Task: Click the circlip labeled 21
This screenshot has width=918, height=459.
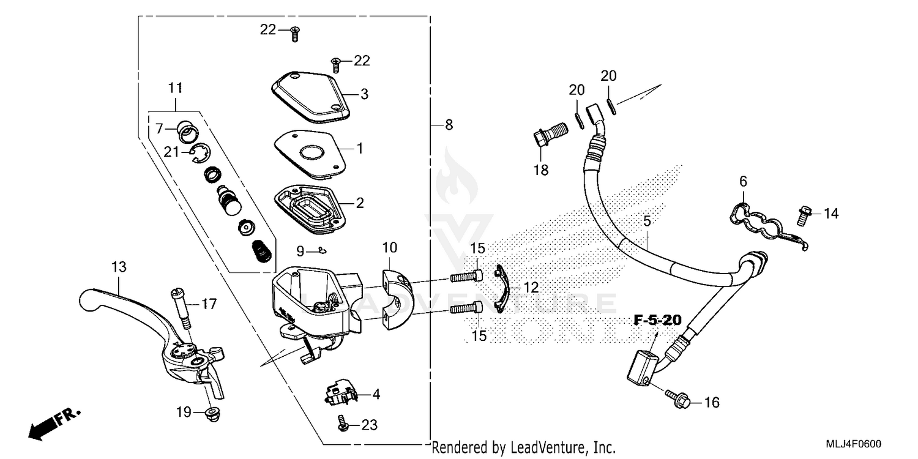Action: (200, 153)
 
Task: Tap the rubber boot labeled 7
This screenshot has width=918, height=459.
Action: (185, 130)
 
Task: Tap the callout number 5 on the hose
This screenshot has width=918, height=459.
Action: (647, 222)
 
